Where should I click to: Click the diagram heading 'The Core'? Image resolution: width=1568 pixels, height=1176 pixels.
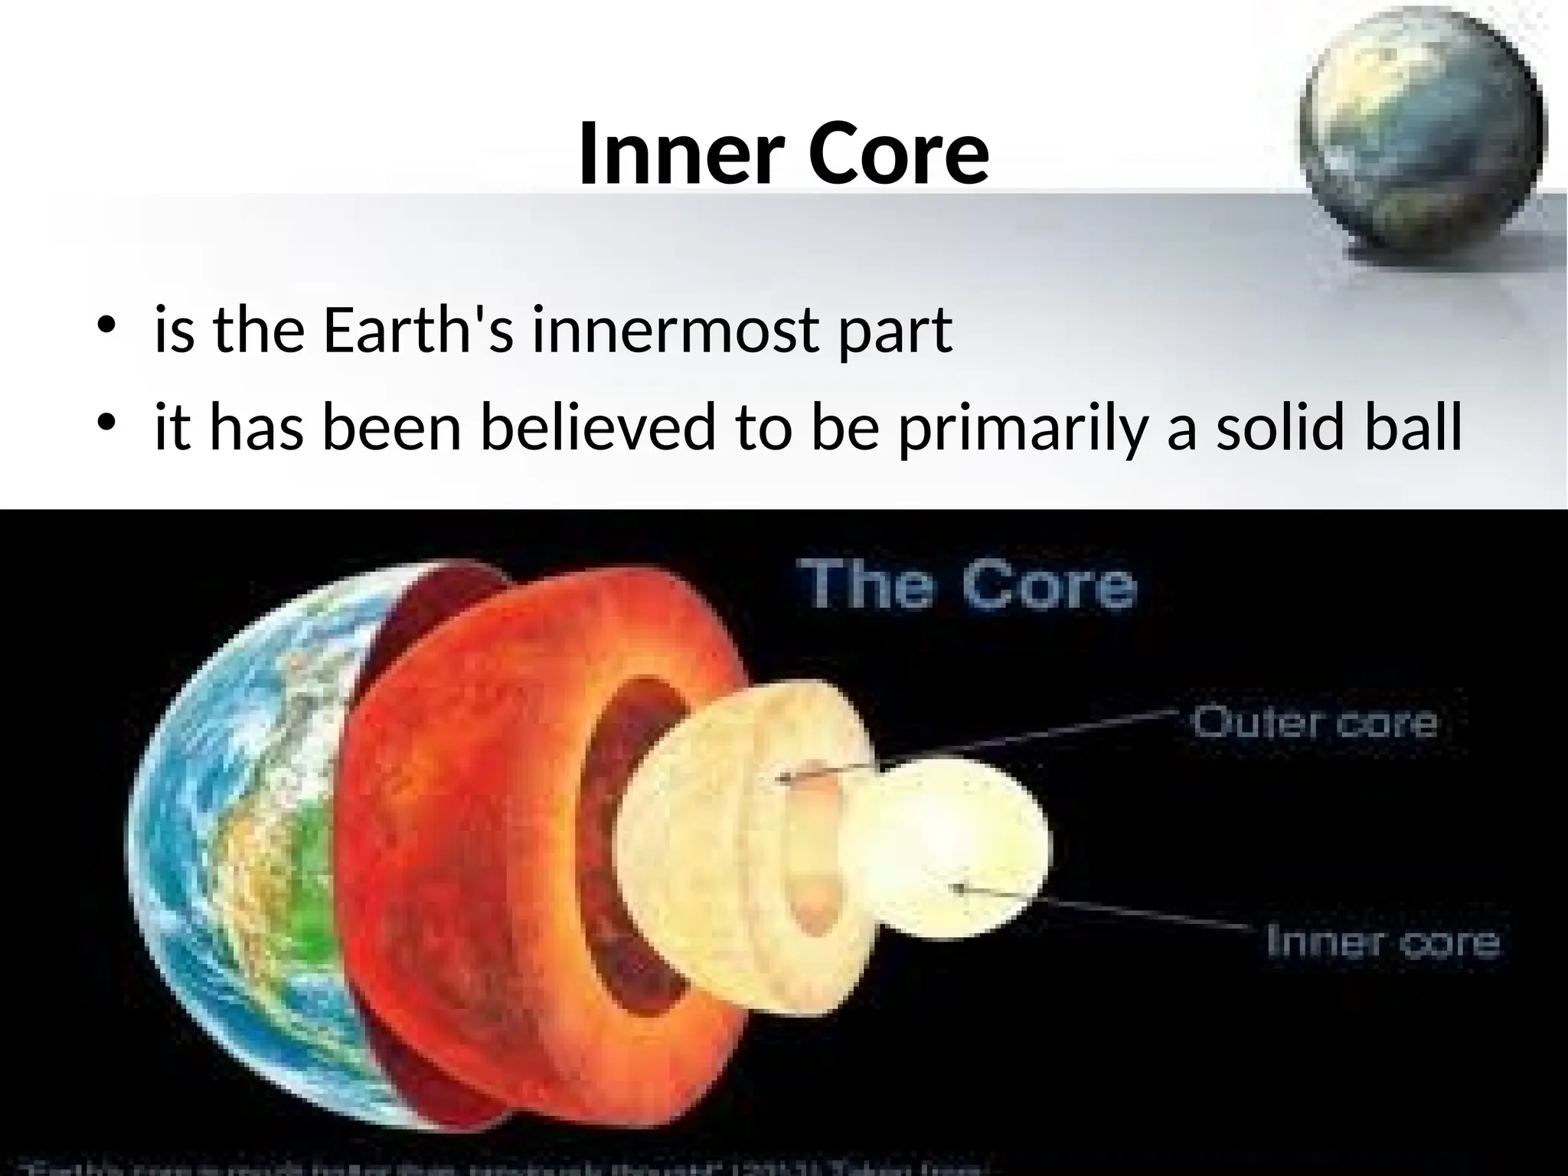click(966, 586)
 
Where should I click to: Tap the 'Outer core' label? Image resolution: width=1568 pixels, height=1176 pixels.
click(1314, 723)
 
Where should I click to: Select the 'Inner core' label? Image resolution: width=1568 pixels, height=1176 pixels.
click(1382, 941)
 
